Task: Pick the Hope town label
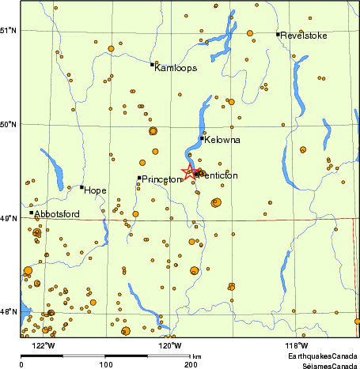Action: (x=95, y=190)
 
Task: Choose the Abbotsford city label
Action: (x=58, y=214)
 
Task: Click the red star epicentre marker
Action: (x=189, y=173)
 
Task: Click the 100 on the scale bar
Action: (x=105, y=365)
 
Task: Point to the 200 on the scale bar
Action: (x=191, y=365)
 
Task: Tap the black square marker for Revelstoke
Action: (x=278, y=34)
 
